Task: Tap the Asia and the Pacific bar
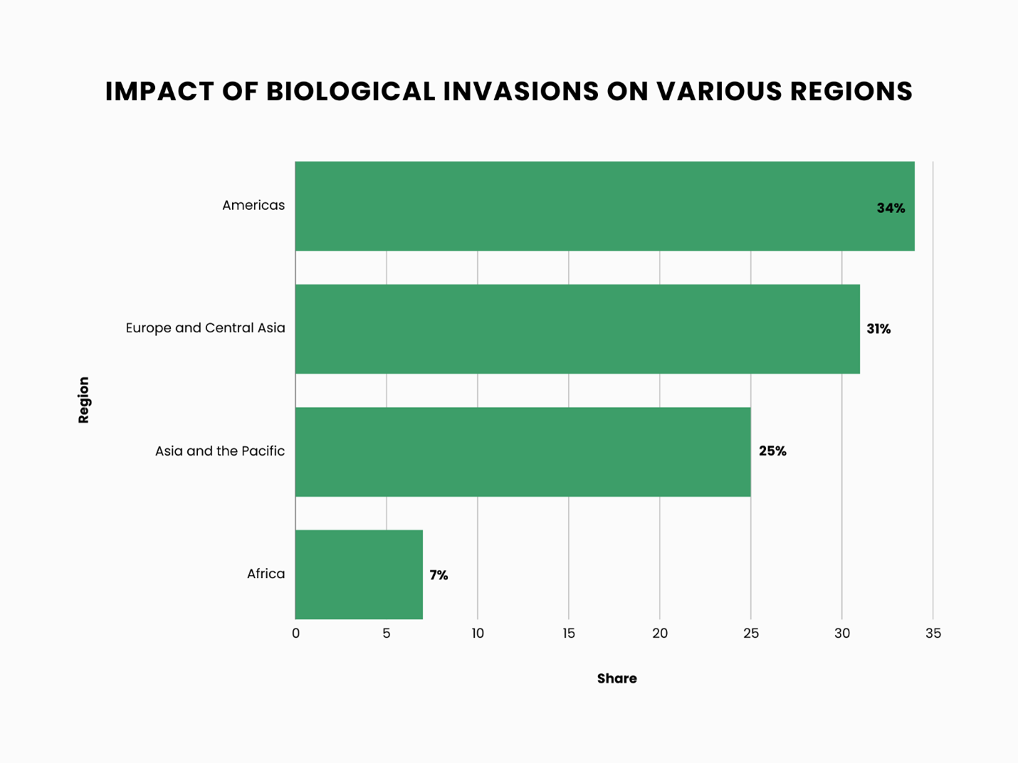tap(523, 452)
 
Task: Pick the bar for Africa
tap(359, 574)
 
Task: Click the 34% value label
tap(891, 209)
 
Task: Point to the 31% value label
tap(878, 329)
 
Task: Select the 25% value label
tap(772, 451)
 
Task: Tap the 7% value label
tap(439, 575)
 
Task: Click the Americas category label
tap(253, 206)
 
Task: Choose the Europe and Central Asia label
tap(205, 328)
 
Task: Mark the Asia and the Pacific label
tap(220, 451)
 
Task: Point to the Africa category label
tap(266, 574)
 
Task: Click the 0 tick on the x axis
tap(295, 633)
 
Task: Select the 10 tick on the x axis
tap(477, 633)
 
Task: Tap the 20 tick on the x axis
tap(660, 633)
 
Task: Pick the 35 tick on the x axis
tap(933, 633)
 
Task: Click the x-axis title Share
tap(616, 679)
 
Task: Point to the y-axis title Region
tap(84, 400)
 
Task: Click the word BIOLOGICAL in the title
tap(350, 92)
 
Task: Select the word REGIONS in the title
tap(851, 92)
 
